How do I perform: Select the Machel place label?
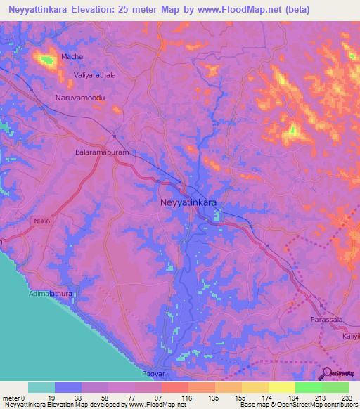(72, 56)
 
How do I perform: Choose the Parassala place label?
(326, 320)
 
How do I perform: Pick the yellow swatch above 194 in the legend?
(282, 387)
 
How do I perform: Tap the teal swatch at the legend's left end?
(41, 387)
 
